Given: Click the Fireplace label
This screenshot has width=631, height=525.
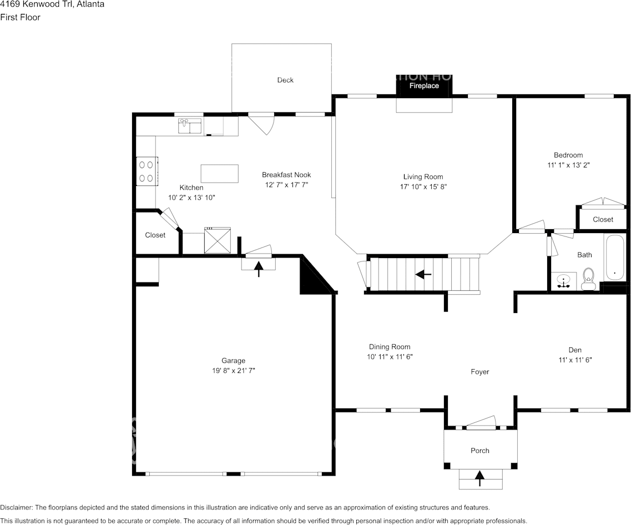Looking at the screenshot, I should tap(424, 86).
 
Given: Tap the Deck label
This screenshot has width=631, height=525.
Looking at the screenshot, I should tap(285, 80).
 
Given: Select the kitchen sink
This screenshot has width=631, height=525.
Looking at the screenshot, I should tap(190, 127).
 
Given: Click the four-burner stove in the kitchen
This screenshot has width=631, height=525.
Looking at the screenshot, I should tap(147, 171).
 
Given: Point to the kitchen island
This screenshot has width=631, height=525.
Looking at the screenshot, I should tap(219, 173).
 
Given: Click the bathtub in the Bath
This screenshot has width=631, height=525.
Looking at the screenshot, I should tap(614, 257).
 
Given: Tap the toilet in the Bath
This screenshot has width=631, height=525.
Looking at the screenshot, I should tap(588, 279).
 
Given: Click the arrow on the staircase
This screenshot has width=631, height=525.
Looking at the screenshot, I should tap(424, 274).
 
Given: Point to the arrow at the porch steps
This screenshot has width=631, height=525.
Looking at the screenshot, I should tap(479, 477).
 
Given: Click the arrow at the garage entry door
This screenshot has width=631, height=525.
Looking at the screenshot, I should tap(259, 269).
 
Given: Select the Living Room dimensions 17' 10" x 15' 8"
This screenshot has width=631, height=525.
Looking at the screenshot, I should tap(423, 187).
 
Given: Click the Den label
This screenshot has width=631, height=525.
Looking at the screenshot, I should tap(575, 350).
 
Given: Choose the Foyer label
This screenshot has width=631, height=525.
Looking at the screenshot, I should tap(480, 372).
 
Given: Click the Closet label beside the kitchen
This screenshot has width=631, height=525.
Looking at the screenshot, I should tap(155, 235).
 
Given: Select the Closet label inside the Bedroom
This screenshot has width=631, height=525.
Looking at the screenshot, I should tap(603, 219).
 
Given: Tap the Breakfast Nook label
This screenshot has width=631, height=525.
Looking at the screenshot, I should tap(286, 175).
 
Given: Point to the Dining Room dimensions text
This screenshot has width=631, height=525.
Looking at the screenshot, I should tap(390, 357).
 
